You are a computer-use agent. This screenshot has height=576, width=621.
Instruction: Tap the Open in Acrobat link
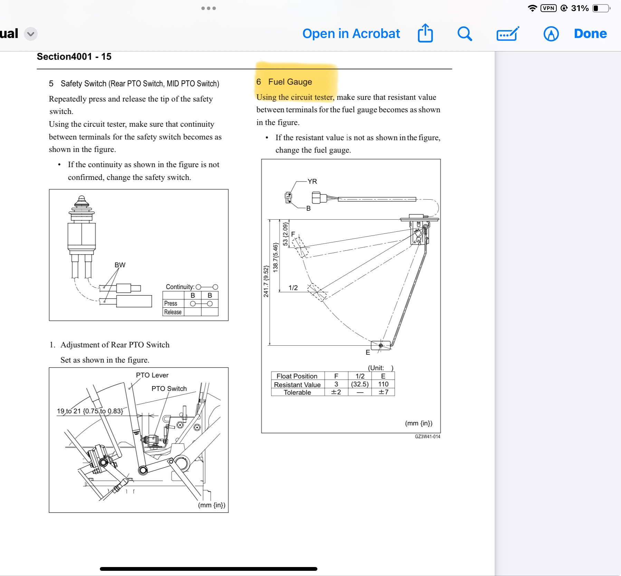[351, 33]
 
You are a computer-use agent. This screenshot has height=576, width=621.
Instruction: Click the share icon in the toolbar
[425, 33]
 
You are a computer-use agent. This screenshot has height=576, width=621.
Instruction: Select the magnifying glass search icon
[465, 34]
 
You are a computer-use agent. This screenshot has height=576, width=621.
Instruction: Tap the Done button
[590, 33]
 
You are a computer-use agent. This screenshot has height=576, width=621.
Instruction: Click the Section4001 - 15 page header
[74, 57]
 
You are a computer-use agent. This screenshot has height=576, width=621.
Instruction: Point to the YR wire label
[312, 181]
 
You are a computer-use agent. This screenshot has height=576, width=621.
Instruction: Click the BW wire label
[120, 265]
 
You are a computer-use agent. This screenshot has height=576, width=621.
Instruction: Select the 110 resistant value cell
[383, 384]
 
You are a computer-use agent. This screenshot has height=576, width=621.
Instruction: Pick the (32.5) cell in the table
[360, 384]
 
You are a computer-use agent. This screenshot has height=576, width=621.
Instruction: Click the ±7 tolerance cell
[383, 392]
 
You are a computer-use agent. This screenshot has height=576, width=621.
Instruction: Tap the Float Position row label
[297, 376]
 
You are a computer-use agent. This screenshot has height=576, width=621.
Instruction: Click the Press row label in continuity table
[171, 304]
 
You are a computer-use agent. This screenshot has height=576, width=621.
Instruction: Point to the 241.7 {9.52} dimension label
[266, 281]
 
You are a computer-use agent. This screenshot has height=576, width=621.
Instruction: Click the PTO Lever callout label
[152, 375]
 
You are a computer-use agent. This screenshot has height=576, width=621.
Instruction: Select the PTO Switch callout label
[169, 388]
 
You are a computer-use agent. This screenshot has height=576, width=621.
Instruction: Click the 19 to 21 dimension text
[90, 411]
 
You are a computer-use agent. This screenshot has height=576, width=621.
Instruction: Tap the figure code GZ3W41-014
[428, 436]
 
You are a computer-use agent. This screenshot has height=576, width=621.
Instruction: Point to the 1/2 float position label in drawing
[293, 288]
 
